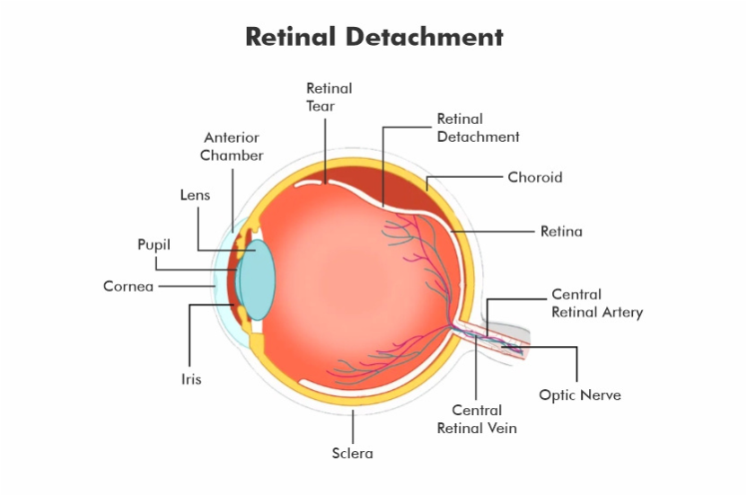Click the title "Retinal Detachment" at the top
click(x=374, y=37)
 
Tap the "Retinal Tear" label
click(x=329, y=97)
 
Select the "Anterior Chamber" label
click(x=232, y=146)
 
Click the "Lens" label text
click(x=195, y=195)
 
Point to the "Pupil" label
click(x=154, y=244)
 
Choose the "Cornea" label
click(x=128, y=286)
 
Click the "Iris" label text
click(x=191, y=379)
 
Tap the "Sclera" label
click(x=353, y=453)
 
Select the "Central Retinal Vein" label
click(x=477, y=420)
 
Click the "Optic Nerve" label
click(x=580, y=394)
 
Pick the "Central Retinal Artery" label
click(x=597, y=304)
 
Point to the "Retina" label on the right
click(x=561, y=231)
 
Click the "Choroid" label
click(x=534, y=177)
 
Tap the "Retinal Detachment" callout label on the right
click(x=478, y=128)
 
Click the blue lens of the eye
click(x=256, y=280)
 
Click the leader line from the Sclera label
click(x=353, y=427)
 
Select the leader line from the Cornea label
click(x=187, y=286)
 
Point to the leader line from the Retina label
click(x=493, y=231)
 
